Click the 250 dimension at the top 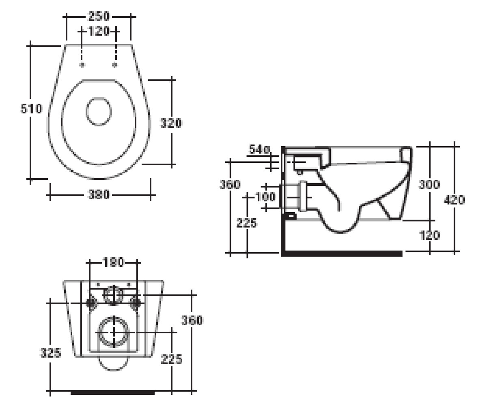coord(99,16)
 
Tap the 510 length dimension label coord(32,109)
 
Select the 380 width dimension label coord(99,194)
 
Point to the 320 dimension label coord(171,123)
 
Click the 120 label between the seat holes coord(99,31)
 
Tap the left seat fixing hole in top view coord(82,65)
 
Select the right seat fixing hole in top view coord(114,65)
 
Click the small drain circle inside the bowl coord(99,112)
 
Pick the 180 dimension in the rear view coord(113,262)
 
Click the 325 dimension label coord(51,353)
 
